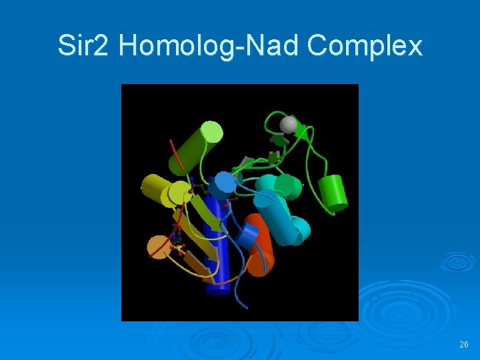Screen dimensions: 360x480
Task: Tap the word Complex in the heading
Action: click(365, 46)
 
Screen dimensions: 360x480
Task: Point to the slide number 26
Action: click(464, 345)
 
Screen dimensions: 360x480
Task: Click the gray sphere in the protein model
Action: click(288, 125)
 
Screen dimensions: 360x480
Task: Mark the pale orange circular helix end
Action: click(159, 247)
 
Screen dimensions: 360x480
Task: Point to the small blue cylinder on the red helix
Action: click(249, 235)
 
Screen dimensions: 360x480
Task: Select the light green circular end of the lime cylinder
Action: click(211, 132)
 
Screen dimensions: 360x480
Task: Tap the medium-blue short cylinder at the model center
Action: click(225, 183)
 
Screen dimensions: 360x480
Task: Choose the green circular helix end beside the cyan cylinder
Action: click(288, 185)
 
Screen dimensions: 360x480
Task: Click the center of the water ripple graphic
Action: click(457, 261)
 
